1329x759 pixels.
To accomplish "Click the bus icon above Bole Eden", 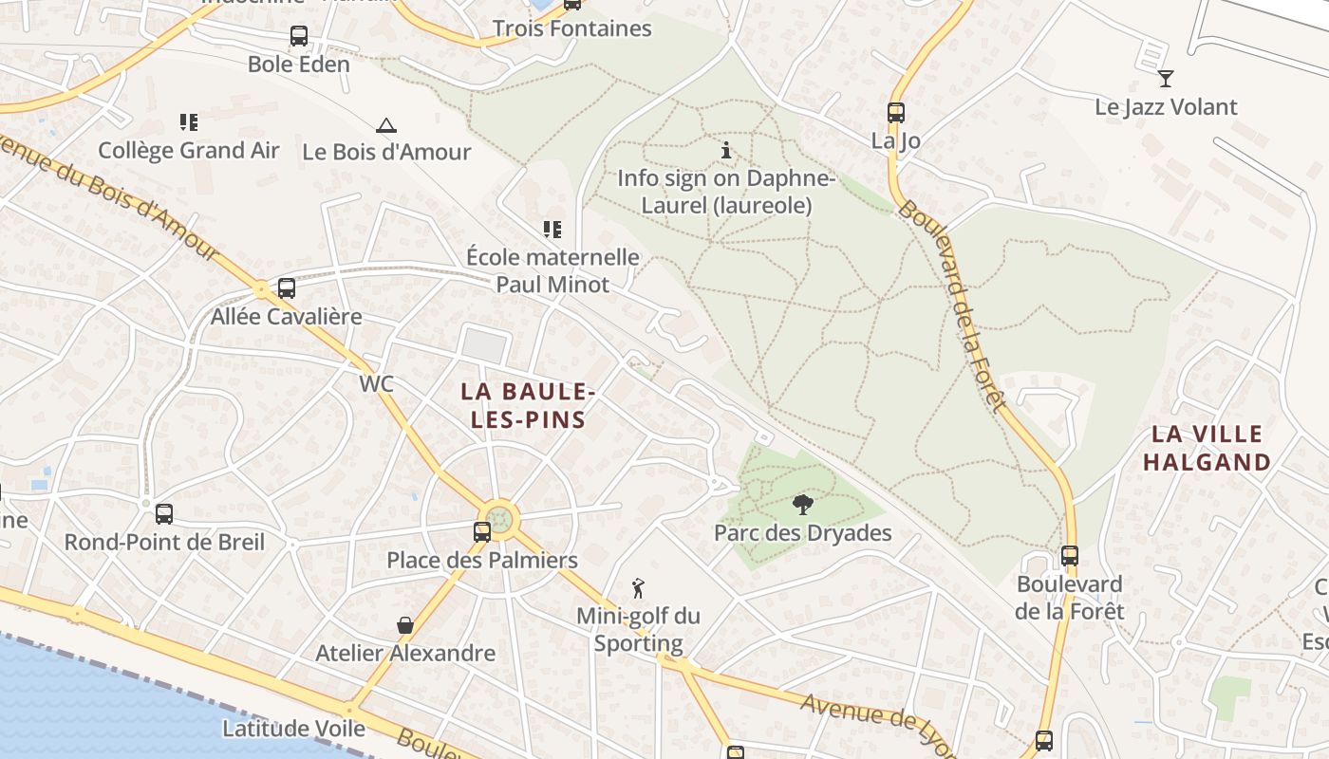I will (299, 36).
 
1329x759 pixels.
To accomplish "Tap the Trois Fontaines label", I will (571, 28).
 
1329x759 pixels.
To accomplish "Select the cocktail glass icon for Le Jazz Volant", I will (1166, 78).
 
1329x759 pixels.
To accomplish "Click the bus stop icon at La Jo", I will (895, 112).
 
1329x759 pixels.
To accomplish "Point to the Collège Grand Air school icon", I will (189, 121).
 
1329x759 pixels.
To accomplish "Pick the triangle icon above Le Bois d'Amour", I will (385, 125).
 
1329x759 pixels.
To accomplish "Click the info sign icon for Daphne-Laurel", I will (726, 150).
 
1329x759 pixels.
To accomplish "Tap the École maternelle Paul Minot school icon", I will (552, 229).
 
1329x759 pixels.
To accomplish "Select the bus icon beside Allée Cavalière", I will (286, 287).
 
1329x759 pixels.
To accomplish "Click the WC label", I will (377, 384).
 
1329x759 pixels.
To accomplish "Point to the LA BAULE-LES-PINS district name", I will (528, 405).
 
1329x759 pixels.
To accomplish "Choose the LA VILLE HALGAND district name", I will (1207, 449).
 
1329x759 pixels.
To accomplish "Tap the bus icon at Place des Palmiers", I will (482, 531).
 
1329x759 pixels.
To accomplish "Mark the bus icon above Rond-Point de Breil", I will (164, 514).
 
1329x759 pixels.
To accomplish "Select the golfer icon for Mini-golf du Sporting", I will (638, 587).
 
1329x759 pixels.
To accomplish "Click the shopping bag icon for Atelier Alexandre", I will (405, 625).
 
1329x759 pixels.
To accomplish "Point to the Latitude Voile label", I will (293, 729).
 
